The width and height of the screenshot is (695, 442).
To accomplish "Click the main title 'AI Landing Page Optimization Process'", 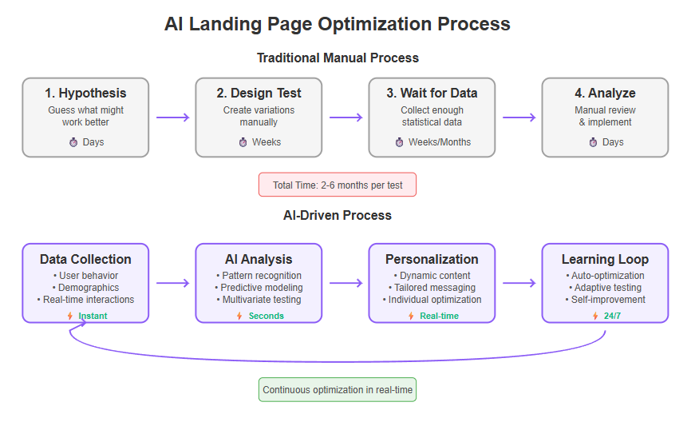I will pos(337,24).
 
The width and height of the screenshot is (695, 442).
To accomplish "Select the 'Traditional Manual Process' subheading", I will pos(338,58).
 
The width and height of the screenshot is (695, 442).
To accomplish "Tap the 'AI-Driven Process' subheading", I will pos(338,215).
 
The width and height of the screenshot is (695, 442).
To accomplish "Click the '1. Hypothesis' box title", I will pos(85,93).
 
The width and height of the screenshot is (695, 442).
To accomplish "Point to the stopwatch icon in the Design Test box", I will pos(243,142).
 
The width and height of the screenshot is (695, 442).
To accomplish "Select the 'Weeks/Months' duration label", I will pos(440,142).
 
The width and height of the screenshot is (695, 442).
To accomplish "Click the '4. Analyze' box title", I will pos(605,93).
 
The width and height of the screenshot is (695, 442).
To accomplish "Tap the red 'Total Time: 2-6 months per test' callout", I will pos(338,185).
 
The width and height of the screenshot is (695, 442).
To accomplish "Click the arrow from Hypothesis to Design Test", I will pos(172,117).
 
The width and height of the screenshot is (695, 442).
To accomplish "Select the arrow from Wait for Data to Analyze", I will pos(519,117).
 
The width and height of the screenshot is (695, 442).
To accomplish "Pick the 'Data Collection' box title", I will pos(85,259).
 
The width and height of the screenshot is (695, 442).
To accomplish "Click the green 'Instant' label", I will pos(93,316).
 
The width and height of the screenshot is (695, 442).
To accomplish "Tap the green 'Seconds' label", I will pos(266,316).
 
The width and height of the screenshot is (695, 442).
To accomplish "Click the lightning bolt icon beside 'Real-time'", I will pos(411,316).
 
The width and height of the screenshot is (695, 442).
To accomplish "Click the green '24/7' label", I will pos(611,316).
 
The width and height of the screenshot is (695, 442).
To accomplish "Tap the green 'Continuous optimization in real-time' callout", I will pos(338,390).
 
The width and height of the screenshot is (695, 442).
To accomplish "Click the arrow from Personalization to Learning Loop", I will pos(519,283).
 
